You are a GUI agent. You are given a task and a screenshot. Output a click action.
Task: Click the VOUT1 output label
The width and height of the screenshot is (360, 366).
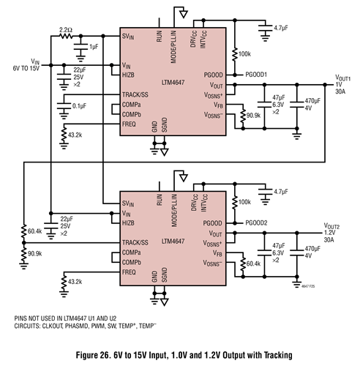click(x=342, y=78)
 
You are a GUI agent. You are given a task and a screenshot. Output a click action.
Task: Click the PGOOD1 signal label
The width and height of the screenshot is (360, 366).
click(x=258, y=75)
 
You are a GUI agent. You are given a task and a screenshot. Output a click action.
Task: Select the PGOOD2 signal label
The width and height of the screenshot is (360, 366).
click(x=258, y=223)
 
